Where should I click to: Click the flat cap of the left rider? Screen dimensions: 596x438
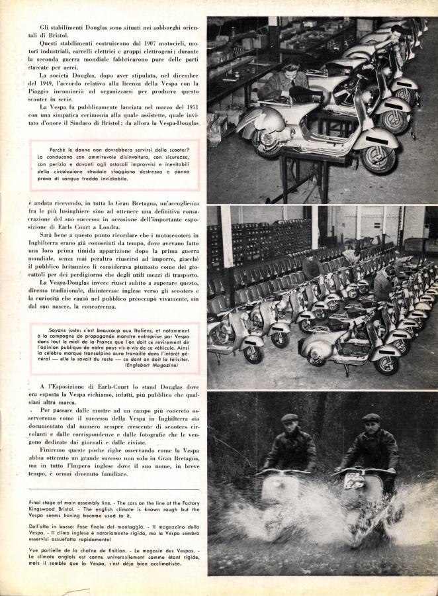[x=289, y=418]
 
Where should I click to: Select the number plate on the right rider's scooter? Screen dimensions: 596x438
[x=352, y=475]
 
